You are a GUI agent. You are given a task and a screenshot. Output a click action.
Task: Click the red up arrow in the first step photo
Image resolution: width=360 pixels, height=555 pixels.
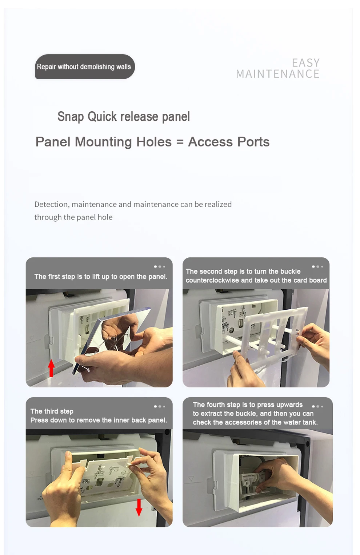click(51, 368)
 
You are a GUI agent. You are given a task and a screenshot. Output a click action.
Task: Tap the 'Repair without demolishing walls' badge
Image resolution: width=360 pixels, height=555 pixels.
click(85, 67)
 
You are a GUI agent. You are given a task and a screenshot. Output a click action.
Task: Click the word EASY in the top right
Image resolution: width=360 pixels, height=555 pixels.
click(306, 63)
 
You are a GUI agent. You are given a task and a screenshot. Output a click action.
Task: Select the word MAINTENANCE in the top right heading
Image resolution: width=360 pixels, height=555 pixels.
click(278, 74)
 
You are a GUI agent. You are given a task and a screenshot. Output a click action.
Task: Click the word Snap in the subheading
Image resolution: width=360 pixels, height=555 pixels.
click(71, 117)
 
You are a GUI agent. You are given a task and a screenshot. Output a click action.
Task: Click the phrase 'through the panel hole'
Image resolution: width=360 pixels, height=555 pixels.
click(73, 217)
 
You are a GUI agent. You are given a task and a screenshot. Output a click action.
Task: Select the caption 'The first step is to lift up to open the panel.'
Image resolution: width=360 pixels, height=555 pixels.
click(101, 277)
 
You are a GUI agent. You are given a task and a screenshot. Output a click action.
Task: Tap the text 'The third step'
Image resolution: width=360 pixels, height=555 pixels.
click(52, 411)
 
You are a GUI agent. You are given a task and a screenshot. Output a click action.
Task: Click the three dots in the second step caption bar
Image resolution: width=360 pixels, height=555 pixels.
click(317, 267)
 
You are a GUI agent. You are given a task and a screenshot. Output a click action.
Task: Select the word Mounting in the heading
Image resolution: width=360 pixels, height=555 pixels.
click(103, 142)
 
